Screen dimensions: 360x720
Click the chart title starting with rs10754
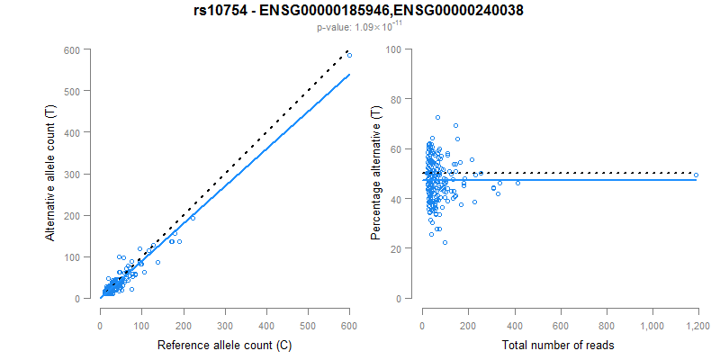click(359, 11)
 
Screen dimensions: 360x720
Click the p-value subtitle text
click(359, 28)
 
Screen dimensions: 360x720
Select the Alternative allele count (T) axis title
click(53, 174)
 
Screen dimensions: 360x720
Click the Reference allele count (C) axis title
click(224, 345)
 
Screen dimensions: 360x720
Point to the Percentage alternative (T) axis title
click(376, 174)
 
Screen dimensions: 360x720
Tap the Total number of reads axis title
click(559, 345)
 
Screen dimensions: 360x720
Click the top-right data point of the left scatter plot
click(349, 56)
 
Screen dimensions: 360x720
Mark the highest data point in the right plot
click(437, 117)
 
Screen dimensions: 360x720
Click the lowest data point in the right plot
click(445, 242)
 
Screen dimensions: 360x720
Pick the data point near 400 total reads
click(517, 183)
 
